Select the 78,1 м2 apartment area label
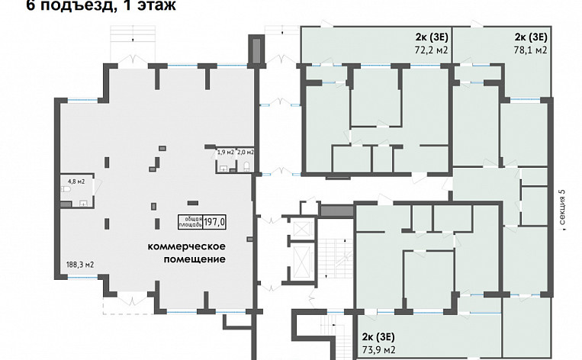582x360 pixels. [x=531, y=50]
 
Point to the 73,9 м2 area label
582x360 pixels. [x=378, y=349]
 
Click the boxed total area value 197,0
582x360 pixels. [x=215, y=222]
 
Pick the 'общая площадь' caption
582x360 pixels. [x=189, y=222]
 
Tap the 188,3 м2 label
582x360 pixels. [x=80, y=265]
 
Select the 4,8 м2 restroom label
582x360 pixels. [x=76, y=182]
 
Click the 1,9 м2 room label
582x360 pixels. [x=225, y=152]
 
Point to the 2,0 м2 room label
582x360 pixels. [x=245, y=152]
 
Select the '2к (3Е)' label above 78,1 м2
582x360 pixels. [x=531, y=37]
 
